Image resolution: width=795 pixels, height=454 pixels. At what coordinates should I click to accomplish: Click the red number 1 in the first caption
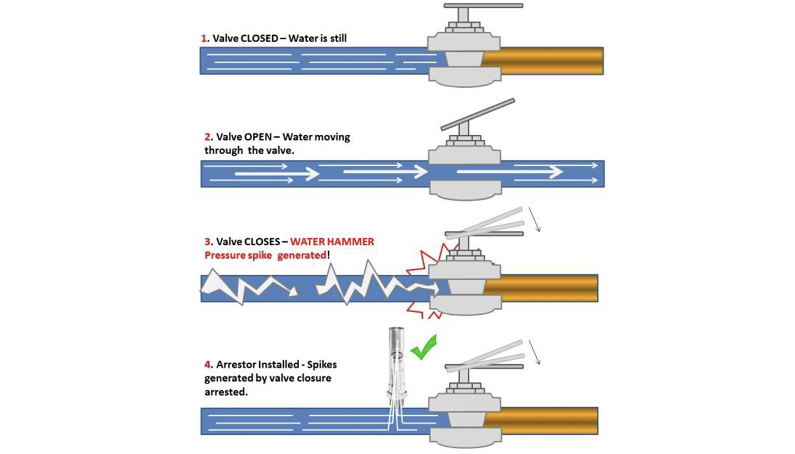204,38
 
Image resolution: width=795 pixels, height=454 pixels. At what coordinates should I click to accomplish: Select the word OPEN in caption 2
258,137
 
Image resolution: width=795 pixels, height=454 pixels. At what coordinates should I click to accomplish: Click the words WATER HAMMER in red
332,242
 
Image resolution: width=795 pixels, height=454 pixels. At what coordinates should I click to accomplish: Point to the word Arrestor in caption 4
236,365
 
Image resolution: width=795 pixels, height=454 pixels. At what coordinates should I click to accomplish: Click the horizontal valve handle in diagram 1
483,6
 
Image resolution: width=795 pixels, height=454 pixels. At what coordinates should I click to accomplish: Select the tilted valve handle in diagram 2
477,114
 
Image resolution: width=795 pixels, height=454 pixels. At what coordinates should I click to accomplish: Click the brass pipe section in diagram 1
551,61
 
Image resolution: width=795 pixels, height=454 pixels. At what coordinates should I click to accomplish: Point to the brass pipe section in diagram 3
547,288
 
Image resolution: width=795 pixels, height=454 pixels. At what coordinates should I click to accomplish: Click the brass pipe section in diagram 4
547,421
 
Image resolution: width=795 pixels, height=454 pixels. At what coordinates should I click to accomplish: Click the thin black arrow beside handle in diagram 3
534,220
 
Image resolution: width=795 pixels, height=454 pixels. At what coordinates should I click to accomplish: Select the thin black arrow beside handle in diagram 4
534,352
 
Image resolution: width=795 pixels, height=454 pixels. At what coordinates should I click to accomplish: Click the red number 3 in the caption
208,242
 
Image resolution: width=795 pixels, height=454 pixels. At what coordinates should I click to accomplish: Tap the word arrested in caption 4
225,392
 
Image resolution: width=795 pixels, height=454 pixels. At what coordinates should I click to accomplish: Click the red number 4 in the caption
208,365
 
